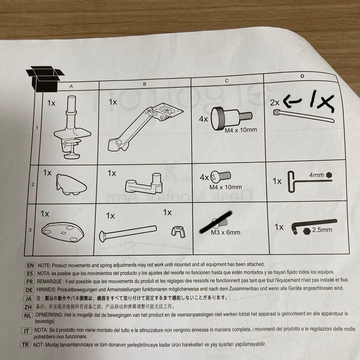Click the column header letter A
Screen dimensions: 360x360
[71, 86]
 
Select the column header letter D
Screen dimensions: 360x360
[302, 76]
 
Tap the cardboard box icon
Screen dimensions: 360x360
[45, 79]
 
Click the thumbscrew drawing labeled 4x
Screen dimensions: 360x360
[231, 118]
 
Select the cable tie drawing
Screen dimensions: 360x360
[304, 116]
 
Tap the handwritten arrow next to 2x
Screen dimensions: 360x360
[292, 101]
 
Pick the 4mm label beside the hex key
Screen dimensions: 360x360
[316, 175]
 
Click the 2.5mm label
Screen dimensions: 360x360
[322, 230]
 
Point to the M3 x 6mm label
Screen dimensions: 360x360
[225, 232]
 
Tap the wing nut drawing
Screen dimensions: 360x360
[178, 231]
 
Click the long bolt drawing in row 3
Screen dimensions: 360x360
[128, 233]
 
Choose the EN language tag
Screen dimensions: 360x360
[30, 266]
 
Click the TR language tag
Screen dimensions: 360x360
[25, 345]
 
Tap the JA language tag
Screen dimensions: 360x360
[28, 299]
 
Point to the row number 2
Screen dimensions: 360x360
[33, 184]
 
